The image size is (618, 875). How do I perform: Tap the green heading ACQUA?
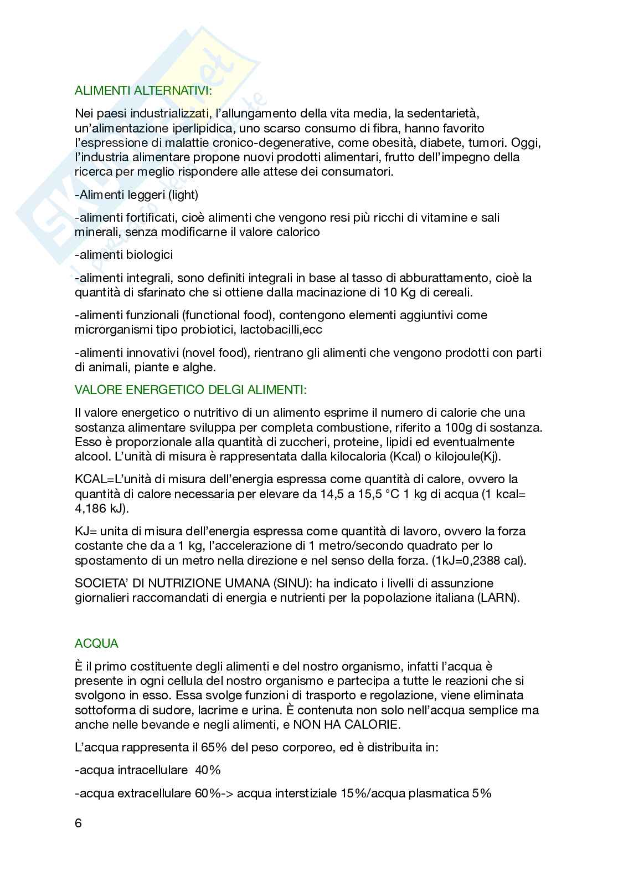pyautogui.click(x=96, y=643)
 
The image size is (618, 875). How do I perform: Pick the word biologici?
pyautogui.click(x=148, y=254)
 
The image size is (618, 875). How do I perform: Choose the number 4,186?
pyautogui.click(x=92, y=508)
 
